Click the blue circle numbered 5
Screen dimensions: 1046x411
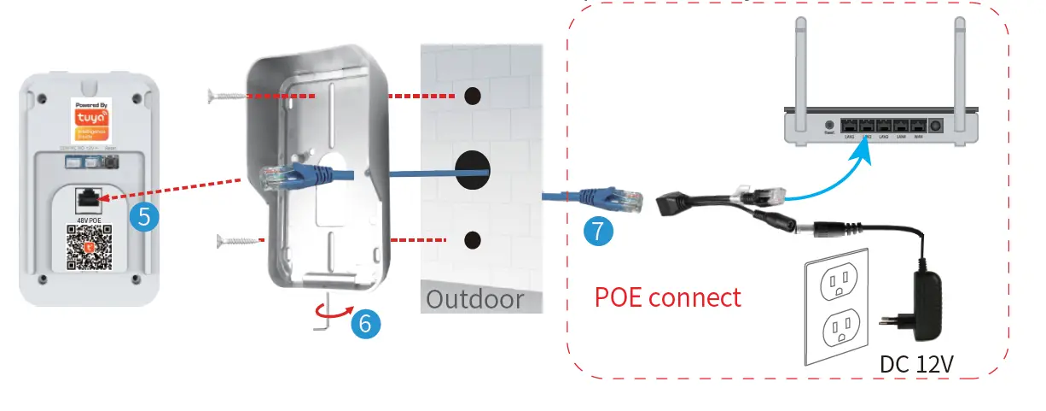click(146, 216)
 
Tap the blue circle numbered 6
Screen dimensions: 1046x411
click(365, 322)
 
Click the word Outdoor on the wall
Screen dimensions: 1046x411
click(474, 299)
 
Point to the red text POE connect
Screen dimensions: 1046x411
click(667, 297)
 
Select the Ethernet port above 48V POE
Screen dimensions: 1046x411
click(88, 201)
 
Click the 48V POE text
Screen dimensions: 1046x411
click(89, 220)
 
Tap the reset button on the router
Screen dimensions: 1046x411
click(828, 125)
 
